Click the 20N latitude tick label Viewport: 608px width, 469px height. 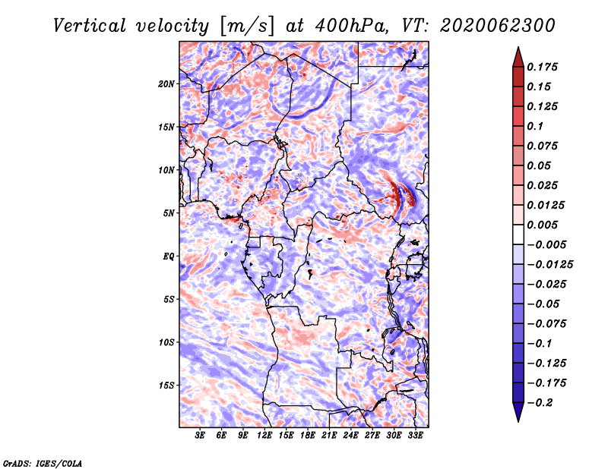pyautogui.click(x=166, y=83)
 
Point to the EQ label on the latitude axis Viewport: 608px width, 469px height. pyautogui.click(x=169, y=256)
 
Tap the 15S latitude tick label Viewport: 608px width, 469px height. pyautogui.click(x=166, y=386)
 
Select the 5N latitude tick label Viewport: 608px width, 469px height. pyautogui.click(x=169, y=213)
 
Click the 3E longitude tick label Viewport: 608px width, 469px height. pyautogui.click(x=200, y=435)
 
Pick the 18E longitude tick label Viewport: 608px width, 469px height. pyautogui.click(x=308, y=435)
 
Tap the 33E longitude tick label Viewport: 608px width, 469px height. pyautogui.click(x=415, y=435)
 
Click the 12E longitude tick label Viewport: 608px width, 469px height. pyautogui.click(x=264, y=435)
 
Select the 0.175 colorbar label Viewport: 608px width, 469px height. pyautogui.click(x=542, y=67)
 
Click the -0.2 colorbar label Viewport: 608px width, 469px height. pyautogui.click(x=540, y=403)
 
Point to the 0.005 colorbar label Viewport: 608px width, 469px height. pyautogui.click(x=542, y=225)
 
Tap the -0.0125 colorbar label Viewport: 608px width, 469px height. pyautogui.click(x=549, y=265)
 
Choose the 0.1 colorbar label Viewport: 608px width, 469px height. pyautogui.click(x=535, y=126)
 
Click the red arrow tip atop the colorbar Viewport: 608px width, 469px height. pyautogui.click(x=518, y=47)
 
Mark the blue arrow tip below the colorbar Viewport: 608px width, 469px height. pyautogui.click(x=518, y=421)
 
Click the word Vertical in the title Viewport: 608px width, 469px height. pyautogui.click(x=90, y=26)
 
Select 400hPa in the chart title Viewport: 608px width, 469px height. pyautogui.click(x=351, y=26)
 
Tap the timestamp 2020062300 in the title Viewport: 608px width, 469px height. pyautogui.click(x=498, y=26)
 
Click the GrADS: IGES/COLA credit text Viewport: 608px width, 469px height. pyautogui.click(x=43, y=463)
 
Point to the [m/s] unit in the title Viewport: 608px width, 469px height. pyautogui.click(x=248, y=26)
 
